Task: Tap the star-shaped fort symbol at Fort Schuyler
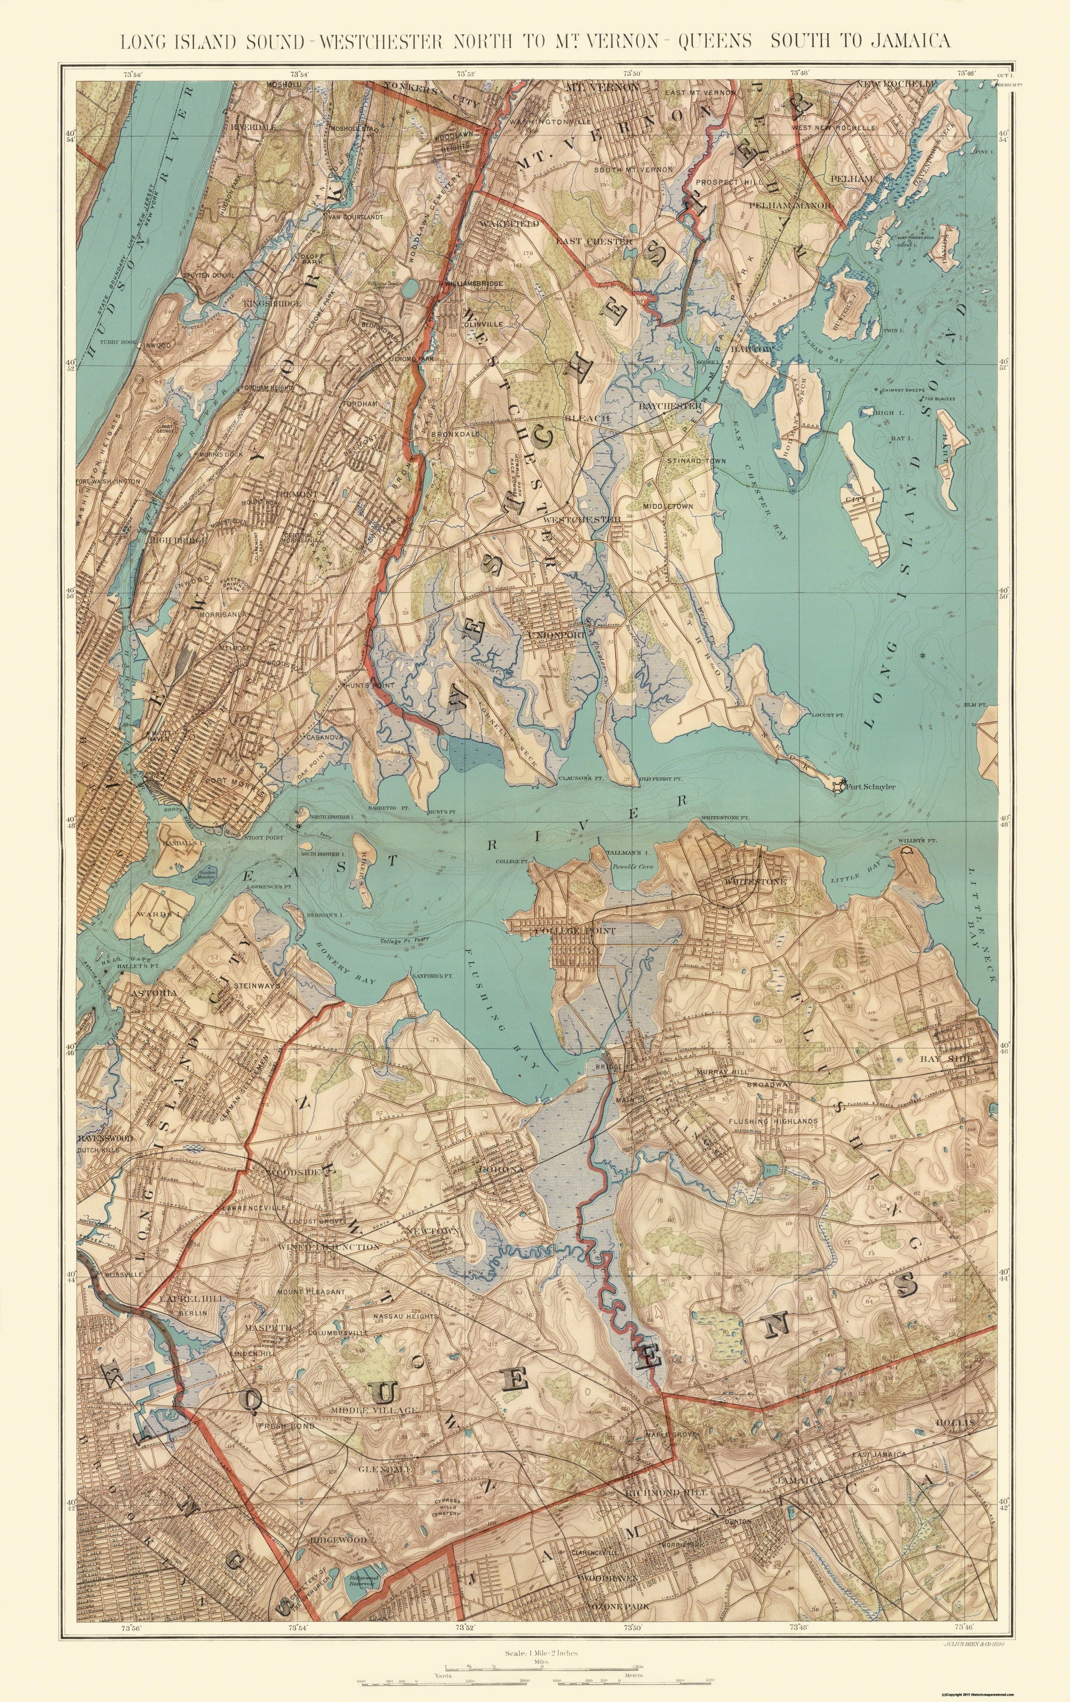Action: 837,785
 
